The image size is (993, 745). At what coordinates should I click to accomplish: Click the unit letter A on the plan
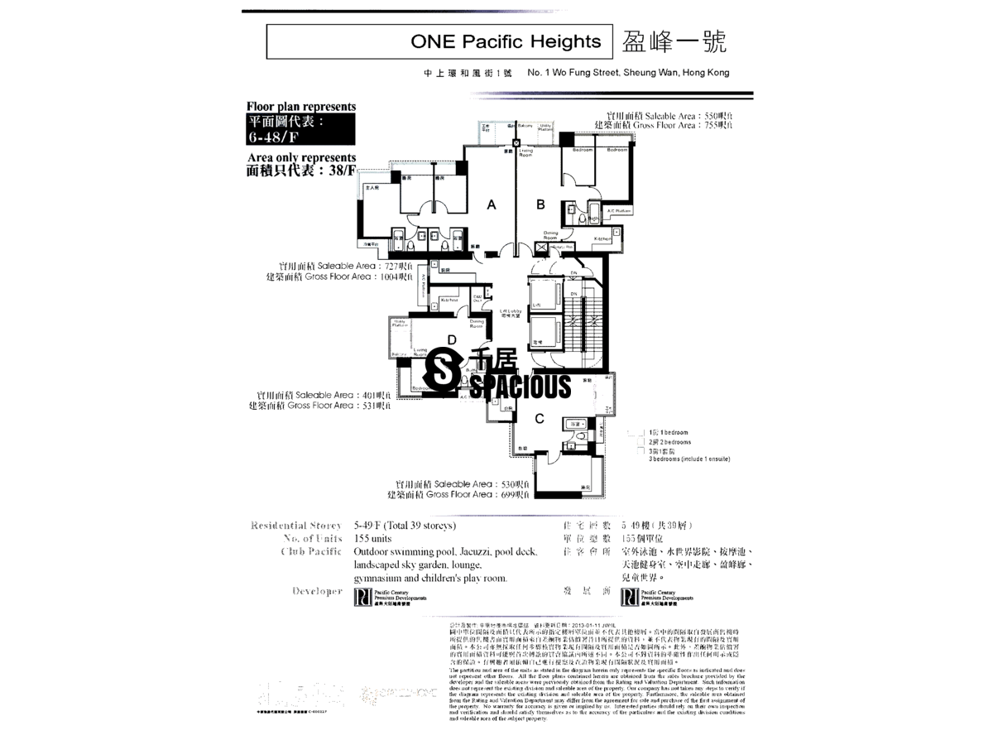[x=491, y=204]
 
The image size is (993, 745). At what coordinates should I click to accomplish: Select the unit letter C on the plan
[x=539, y=419]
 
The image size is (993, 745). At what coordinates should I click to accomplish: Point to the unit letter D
[x=452, y=339]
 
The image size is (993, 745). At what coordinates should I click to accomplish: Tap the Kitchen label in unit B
[x=602, y=238]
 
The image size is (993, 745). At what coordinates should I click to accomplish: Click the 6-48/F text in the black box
[x=275, y=137]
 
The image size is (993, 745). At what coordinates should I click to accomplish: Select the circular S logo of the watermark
[x=444, y=373]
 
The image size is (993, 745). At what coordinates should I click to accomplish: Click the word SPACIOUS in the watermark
[x=521, y=386]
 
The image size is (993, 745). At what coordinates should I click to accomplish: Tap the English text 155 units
[x=372, y=539]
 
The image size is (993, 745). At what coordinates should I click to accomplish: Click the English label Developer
[x=317, y=591]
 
